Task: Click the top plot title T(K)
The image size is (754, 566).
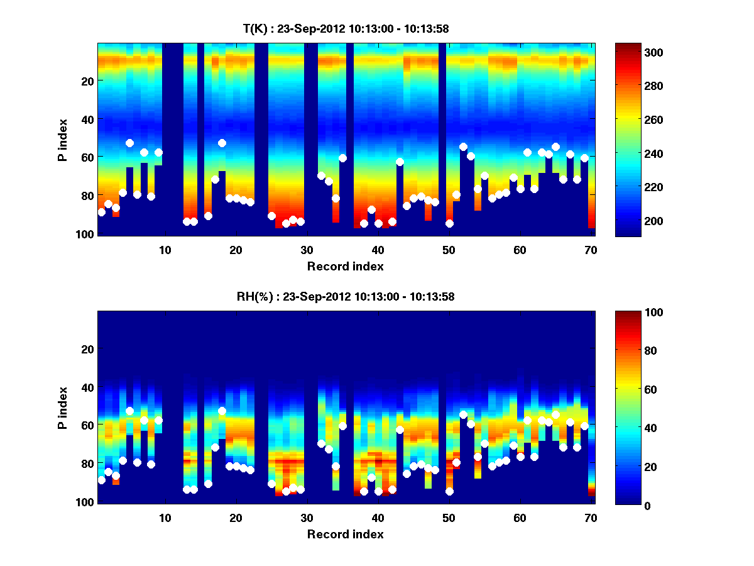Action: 346,29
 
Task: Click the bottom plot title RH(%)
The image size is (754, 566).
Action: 346,297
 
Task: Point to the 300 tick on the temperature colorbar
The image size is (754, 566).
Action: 635,52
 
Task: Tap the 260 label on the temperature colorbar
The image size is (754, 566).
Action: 635,120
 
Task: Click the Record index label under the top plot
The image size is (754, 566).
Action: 346,266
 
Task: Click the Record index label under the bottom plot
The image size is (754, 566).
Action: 346,534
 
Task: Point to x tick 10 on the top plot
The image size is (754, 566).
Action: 165,250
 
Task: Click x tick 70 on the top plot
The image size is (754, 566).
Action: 591,250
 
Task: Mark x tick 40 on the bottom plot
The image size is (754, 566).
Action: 378,518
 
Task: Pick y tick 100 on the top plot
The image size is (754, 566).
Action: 86,234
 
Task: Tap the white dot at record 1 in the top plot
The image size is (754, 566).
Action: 101,212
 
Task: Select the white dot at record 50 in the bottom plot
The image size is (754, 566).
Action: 449,491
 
